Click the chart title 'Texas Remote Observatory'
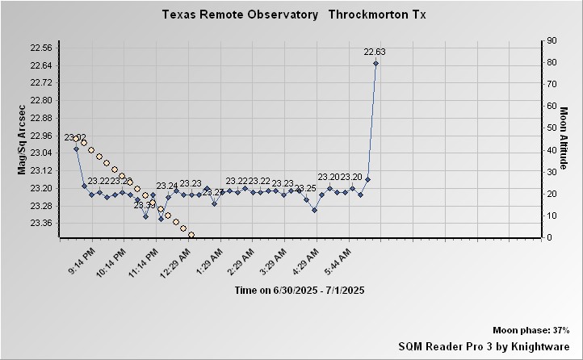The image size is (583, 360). [240, 15]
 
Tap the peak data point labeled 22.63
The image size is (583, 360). [375, 63]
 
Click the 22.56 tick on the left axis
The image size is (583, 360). [41, 48]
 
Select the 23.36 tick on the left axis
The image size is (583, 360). [41, 224]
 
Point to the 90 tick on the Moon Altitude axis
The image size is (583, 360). [552, 40]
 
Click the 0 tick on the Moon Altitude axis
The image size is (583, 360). [549, 237]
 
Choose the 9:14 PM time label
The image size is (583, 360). [81, 262]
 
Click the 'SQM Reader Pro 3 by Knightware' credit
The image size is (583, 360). [484, 345]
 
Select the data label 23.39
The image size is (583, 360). [145, 205]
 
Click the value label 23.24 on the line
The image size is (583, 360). [167, 186]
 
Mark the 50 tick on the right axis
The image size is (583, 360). [552, 128]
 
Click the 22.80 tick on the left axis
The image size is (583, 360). [41, 100]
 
